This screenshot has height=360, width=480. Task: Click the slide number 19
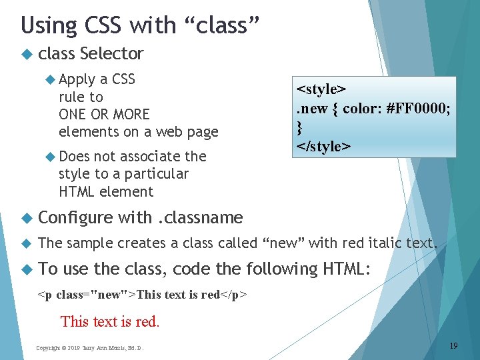(453, 345)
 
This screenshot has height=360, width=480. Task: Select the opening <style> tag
(321, 89)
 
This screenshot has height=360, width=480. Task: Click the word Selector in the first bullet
(111, 53)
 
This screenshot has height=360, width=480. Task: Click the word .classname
(200, 217)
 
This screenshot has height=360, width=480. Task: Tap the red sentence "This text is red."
(110, 321)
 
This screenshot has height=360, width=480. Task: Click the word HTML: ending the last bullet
(347, 269)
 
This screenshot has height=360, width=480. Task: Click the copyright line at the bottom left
(90, 347)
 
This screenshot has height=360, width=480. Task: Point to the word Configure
(76, 217)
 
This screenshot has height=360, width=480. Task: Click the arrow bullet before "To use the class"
(27, 269)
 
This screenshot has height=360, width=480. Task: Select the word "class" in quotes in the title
(220, 25)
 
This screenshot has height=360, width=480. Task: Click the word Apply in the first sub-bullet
(77, 79)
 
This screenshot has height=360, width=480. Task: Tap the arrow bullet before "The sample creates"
(27, 243)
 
